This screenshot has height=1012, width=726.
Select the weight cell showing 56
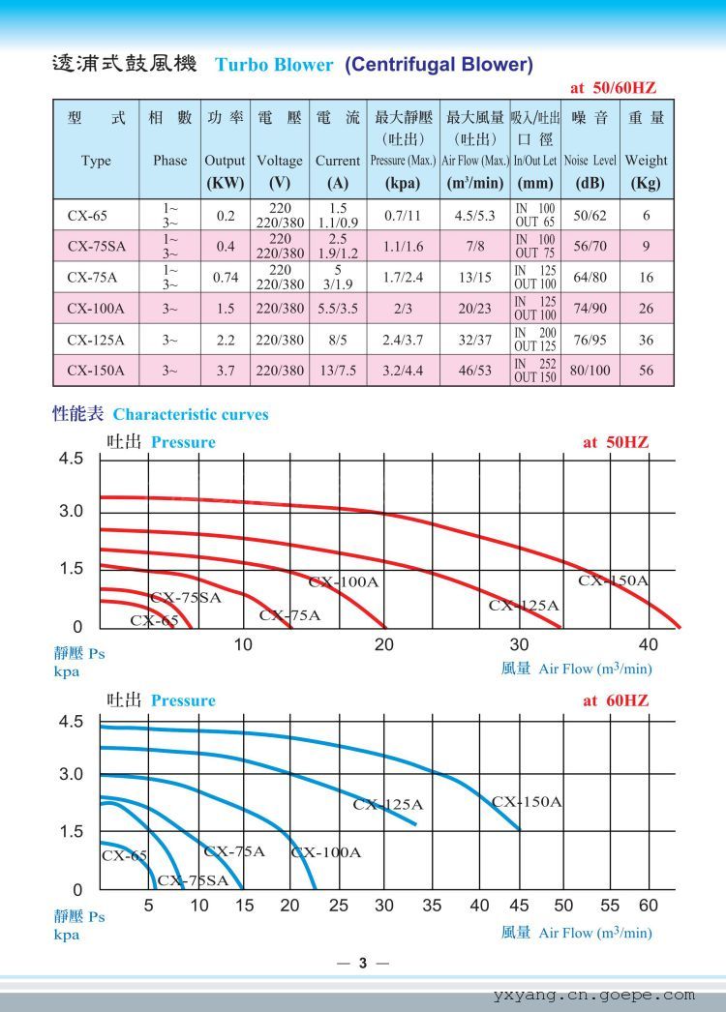[x=646, y=370]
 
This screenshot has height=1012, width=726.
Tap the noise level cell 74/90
[x=590, y=309]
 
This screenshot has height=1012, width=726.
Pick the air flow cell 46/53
[x=475, y=370]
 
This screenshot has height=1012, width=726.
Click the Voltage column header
[x=279, y=161]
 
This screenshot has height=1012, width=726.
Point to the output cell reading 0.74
[x=225, y=278]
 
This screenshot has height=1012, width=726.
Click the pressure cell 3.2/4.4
[x=404, y=370]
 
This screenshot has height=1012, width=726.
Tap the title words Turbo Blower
[x=274, y=66]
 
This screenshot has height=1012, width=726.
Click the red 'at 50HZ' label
[x=615, y=442]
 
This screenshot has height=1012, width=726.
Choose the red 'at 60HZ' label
[x=615, y=700]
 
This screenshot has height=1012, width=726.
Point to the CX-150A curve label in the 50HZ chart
[x=614, y=580]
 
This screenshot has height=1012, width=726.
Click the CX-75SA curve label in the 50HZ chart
[x=186, y=598]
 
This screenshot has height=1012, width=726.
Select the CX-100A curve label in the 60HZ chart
[x=326, y=852]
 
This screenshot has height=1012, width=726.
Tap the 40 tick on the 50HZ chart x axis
[x=648, y=644]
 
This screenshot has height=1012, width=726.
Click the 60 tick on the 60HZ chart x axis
[x=648, y=906]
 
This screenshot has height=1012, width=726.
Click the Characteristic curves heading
[x=191, y=414]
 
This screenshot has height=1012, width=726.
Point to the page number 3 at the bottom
[x=363, y=963]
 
